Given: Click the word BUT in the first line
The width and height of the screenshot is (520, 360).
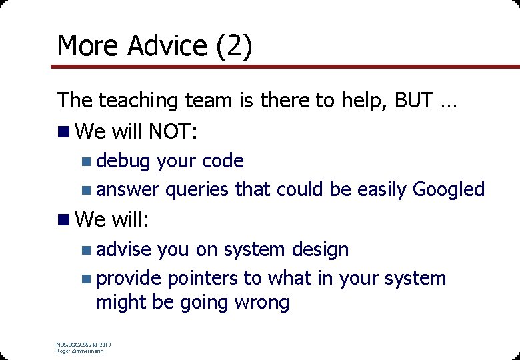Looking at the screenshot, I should click(x=413, y=101).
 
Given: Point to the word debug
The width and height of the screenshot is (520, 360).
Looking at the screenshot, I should click(x=123, y=161).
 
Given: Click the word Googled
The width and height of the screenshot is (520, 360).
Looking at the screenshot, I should click(x=449, y=190).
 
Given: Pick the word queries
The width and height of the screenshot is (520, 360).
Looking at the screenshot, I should click(x=197, y=190).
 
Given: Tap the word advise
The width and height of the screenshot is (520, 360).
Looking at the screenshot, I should click(x=125, y=250).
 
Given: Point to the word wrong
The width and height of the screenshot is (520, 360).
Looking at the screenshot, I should click(x=261, y=303).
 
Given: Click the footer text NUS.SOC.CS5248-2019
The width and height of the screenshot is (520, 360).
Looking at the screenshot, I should click(x=84, y=345).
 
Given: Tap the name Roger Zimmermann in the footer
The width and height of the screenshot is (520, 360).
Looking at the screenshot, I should click(x=80, y=351).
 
